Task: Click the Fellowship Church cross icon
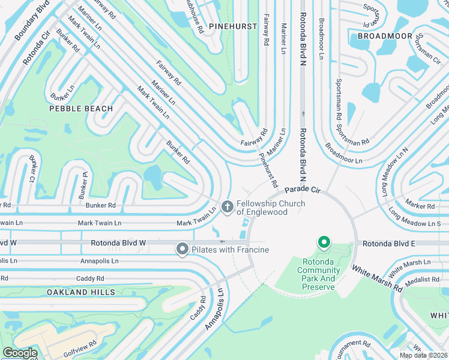pos(227,207)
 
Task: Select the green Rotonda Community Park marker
pos(324,243)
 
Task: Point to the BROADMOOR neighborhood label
pos(381,36)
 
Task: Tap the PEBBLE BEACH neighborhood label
pos(81,109)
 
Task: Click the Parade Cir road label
pos(304,190)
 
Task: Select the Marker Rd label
pos(420,206)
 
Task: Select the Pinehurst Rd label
pos(268,169)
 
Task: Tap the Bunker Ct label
pos(34,172)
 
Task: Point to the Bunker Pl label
pos(83,186)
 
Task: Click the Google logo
pos(20,353)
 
